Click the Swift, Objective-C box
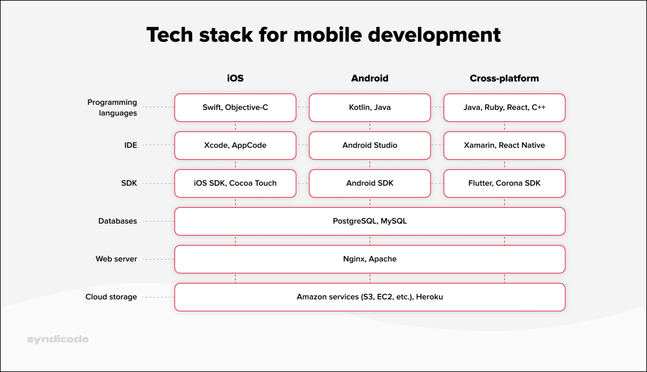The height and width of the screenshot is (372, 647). click(235, 108)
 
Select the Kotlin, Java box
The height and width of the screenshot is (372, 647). click(369, 108)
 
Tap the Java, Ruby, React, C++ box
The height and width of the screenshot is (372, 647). click(504, 108)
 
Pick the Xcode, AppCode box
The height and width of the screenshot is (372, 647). click(235, 146)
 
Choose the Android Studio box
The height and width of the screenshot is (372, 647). click(369, 146)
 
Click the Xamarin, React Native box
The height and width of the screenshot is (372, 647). click(504, 146)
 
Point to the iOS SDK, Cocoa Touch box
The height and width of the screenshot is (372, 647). click(235, 183)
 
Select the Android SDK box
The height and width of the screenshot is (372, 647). click(369, 183)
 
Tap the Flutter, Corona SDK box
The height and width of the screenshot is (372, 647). click(504, 183)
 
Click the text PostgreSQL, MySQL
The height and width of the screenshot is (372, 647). click(369, 221)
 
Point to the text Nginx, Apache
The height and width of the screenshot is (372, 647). click(369, 259)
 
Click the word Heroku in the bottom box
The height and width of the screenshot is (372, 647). click(429, 297)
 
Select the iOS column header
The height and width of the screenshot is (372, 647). click(235, 78)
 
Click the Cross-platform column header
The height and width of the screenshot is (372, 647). click(504, 78)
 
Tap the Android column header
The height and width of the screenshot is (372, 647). click(369, 78)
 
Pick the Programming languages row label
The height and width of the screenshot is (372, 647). click(112, 108)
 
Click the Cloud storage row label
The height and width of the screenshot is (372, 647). click(111, 297)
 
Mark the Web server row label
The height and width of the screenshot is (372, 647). click(116, 259)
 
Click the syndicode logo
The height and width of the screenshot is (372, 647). click(58, 339)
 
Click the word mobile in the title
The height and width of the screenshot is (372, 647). click(327, 35)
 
